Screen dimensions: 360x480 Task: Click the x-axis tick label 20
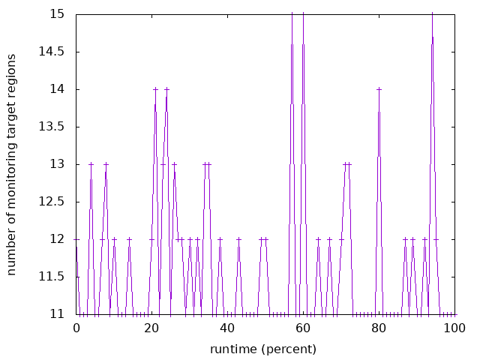click(x=152, y=328)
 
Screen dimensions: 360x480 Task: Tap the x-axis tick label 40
click(x=227, y=328)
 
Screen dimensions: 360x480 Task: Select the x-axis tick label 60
click(x=303, y=328)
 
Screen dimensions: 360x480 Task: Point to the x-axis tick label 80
click(x=379, y=328)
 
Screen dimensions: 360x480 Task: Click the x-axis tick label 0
click(x=76, y=328)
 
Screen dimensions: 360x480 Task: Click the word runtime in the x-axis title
click(x=233, y=349)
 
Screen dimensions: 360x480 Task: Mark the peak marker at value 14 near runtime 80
click(x=379, y=89)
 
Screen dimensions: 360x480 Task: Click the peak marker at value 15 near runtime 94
click(x=432, y=14)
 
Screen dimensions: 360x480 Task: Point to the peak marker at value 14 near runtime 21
click(x=155, y=89)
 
